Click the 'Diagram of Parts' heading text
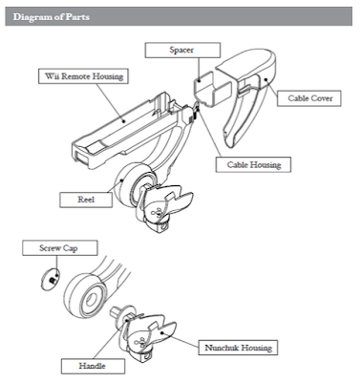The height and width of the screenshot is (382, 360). (52, 16)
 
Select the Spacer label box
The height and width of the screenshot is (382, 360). (182, 51)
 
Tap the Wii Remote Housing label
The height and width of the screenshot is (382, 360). (83, 76)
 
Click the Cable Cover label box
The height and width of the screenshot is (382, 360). (309, 98)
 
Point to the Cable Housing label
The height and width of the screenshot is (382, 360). (253, 164)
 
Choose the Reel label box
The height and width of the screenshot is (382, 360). (86, 200)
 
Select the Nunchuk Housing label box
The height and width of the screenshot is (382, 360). (238, 348)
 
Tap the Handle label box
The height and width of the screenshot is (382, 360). (93, 366)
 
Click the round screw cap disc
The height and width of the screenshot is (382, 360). (51, 279)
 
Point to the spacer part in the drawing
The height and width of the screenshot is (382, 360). (212, 89)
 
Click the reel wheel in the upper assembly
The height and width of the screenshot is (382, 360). (131, 185)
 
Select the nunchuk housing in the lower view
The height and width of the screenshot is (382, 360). (147, 338)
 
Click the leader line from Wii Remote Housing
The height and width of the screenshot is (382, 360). (108, 102)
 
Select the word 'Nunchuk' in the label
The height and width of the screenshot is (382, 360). (221, 348)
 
